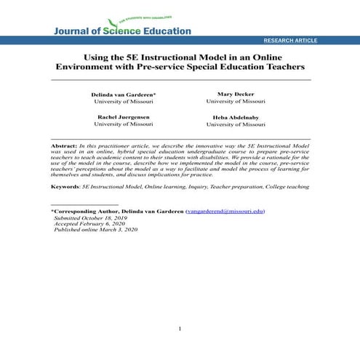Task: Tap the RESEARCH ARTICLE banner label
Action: [x=290, y=41]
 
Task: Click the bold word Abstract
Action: [x=65, y=146]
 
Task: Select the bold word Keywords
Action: [x=65, y=186]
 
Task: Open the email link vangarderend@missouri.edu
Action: [x=225, y=211]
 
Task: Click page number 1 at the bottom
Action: [x=180, y=329]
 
